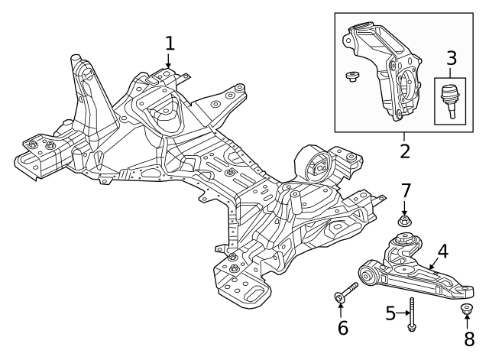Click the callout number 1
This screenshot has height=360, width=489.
point(170,44)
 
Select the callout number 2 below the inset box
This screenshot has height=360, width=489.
point(404,151)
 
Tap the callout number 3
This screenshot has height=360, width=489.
point(452,58)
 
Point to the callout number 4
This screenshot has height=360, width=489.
point(442,251)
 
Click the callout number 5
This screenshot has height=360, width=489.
point(390,313)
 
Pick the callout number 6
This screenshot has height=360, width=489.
point(343,328)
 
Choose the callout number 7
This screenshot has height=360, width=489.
point(405,190)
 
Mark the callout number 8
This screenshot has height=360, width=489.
point(469,339)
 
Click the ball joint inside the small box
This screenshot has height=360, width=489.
point(449,101)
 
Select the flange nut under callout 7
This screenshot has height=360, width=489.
point(404,221)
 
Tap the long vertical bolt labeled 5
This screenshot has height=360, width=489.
point(412,314)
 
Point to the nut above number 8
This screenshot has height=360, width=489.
point(466,309)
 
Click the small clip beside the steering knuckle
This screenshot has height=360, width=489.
point(352,76)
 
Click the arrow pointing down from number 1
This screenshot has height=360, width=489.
point(168,60)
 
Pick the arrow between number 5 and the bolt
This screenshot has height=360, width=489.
point(403,313)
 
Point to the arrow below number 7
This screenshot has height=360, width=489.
point(404,208)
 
